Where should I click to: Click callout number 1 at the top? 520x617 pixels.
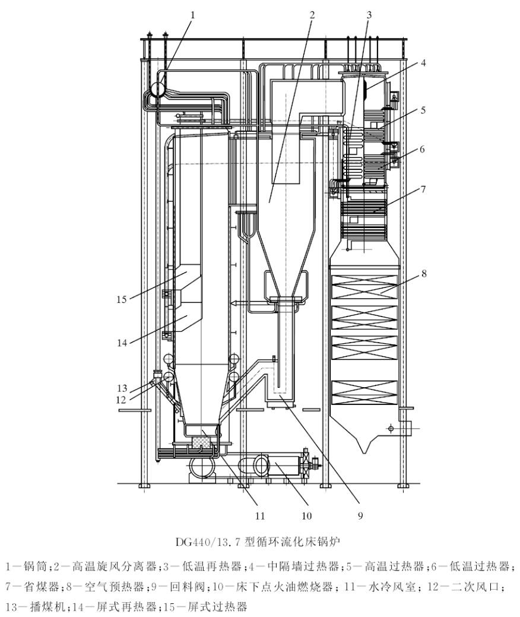192,13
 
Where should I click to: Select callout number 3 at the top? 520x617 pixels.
369,13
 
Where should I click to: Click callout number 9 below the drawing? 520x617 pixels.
360,515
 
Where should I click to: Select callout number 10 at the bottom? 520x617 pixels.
306,515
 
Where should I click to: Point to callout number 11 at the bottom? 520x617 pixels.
259,515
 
